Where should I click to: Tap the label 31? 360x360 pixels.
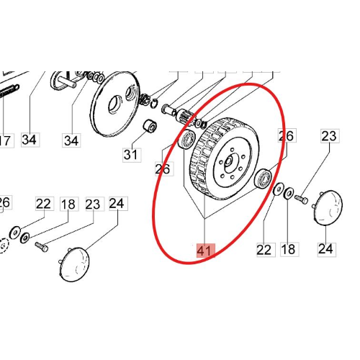tap(132, 155)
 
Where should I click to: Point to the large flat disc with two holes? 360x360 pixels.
tap(116, 103)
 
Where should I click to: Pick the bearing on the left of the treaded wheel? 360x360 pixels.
tap(187, 139)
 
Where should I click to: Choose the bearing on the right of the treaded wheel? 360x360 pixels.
tap(263, 179)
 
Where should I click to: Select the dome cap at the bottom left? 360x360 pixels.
tap(74, 264)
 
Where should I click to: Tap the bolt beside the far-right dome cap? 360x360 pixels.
tap(301, 199)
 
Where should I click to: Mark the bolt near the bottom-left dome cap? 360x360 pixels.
tap(42, 247)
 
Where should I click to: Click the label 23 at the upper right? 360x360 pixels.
tap(330, 136)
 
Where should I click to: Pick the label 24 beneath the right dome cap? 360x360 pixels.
tap(327, 249)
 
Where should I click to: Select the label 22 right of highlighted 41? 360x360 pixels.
tap(265, 250)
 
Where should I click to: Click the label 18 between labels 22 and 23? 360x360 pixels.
tap(69, 204)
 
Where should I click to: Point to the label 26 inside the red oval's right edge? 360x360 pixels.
tap(287, 135)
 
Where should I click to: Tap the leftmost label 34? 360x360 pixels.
tap(30, 140)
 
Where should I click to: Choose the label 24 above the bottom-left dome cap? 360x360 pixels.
tap(118, 204)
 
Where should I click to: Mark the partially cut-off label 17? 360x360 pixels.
tap(6, 140)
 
